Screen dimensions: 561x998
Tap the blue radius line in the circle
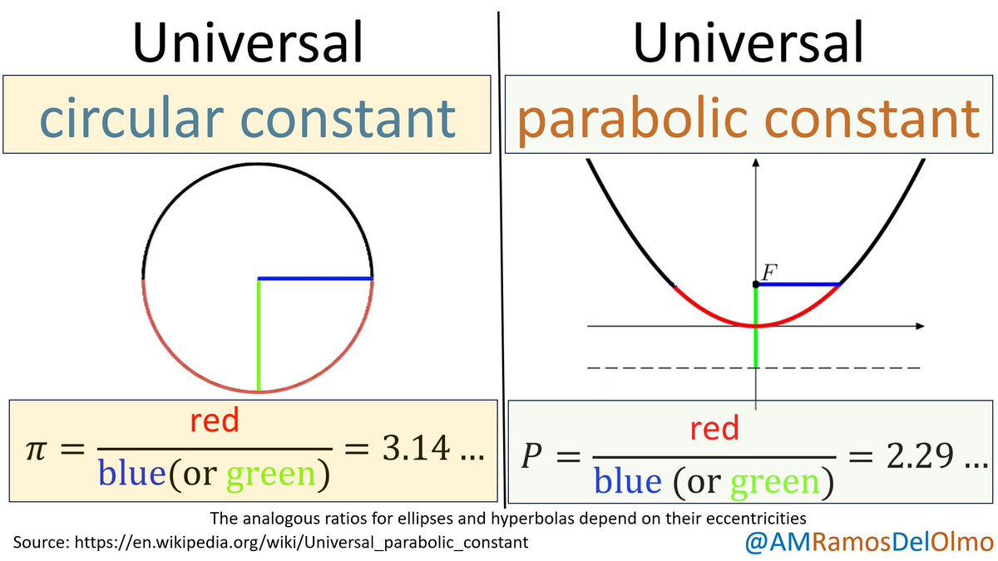coord(315,278)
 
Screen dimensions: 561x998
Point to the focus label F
coord(768,271)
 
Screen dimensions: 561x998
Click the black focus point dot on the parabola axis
coord(755,285)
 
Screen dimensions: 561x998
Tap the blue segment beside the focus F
coord(798,284)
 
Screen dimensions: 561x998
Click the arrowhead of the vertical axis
coord(755,163)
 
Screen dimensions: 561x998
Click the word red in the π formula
coord(214,421)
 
